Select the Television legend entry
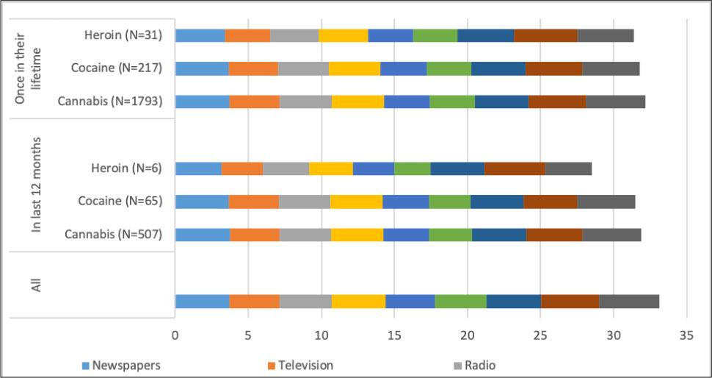pyautogui.click(x=299, y=365)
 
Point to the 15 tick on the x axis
pyautogui.click(x=394, y=335)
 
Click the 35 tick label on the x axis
pyautogui.click(x=686, y=335)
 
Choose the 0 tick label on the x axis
pyautogui.click(x=175, y=335)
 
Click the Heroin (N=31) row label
pyautogui.click(x=123, y=35)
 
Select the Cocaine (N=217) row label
pyautogui.click(x=117, y=68)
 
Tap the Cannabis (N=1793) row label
pyautogui.click(x=110, y=101)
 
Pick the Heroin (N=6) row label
pyautogui.click(x=126, y=168)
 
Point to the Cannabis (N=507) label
pyautogui.click(x=113, y=235)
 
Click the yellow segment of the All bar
pyautogui.click(x=358, y=301)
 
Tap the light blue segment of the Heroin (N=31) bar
pyautogui.click(x=200, y=35)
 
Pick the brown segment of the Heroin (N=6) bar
pyautogui.click(x=515, y=168)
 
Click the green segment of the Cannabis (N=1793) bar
pyautogui.click(x=452, y=101)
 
